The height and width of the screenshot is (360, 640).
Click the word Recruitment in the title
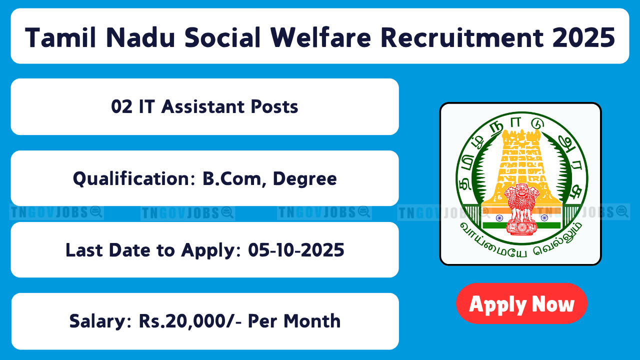(462, 37)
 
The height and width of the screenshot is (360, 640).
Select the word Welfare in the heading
(321, 37)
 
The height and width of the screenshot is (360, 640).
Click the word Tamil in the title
(60, 37)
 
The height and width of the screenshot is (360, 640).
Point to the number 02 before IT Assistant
(121, 107)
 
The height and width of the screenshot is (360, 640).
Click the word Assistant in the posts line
(202, 107)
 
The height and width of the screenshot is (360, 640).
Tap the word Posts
(274, 107)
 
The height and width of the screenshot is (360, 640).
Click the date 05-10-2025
(296, 250)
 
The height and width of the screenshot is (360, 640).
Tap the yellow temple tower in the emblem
(521, 165)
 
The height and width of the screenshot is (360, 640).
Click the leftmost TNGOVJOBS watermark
(56, 212)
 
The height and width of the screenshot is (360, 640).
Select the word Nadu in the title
(140, 37)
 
